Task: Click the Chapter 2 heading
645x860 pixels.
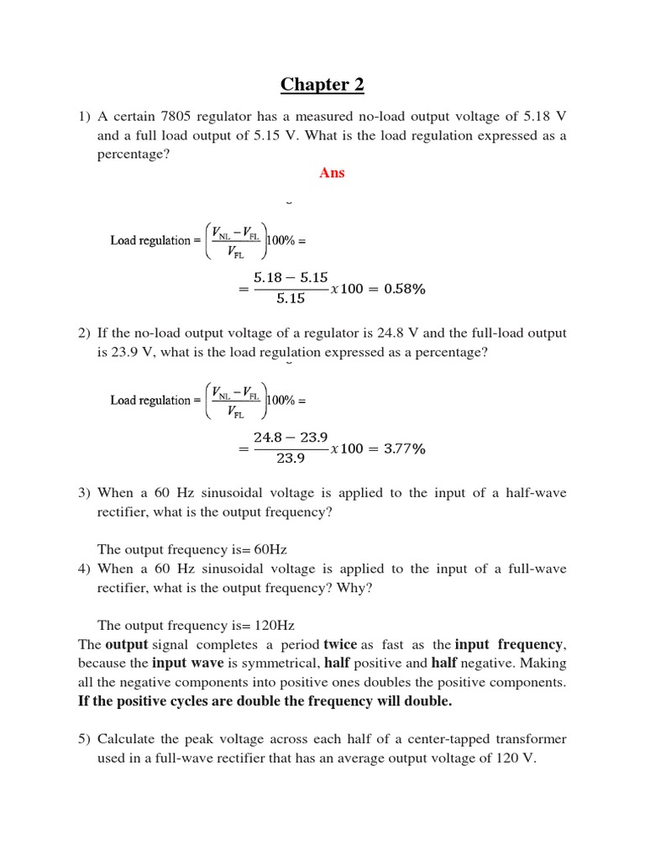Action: [322, 85]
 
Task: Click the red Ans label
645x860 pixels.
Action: [332, 173]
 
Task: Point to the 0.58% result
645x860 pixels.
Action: [405, 289]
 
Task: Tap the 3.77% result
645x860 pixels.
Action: [405, 449]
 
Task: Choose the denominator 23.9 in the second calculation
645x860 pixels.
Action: [290, 459]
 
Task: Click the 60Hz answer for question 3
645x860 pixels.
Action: [270, 550]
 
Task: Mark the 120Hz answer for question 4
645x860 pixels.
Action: [274, 626]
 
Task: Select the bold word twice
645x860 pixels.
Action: [340, 645]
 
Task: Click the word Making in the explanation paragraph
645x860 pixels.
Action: [543, 663]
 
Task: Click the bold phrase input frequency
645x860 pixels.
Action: [509, 645]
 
